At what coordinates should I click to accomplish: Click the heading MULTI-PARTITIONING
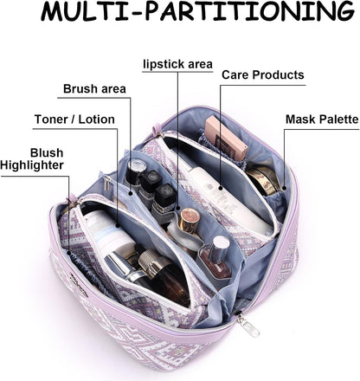pyautogui.click(x=198, y=11)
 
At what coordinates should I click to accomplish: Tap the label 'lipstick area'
pyautogui.click(x=178, y=64)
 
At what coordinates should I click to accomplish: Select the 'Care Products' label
pyautogui.click(x=263, y=74)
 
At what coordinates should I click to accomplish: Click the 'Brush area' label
pyautogui.click(x=94, y=88)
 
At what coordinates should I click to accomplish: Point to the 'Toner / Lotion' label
pyautogui.click(x=74, y=119)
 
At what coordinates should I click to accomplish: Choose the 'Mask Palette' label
pyautogui.click(x=322, y=119)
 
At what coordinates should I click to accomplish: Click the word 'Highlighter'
pyautogui.click(x=32, y=165)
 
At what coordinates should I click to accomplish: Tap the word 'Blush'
pyautogui.click(x=47, y=152)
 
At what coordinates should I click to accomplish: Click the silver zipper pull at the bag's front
pyautogui.click(x=248, y=325)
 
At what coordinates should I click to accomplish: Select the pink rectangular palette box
pyautogui.click(x=226, y=138)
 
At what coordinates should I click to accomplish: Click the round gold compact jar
pyautogui.click(x=262, y=179)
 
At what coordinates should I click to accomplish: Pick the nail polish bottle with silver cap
pyautogui.click(x=217, y=257)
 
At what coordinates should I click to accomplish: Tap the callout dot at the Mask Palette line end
pyautogui.click(x=284, y=188)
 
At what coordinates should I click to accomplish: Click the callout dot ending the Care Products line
pyautogui.click(x=221, y=188)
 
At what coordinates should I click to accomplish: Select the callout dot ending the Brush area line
pyautogui.click(x=131, y=193)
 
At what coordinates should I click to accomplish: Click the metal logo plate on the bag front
pyautogui.click(x=79, y=285)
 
